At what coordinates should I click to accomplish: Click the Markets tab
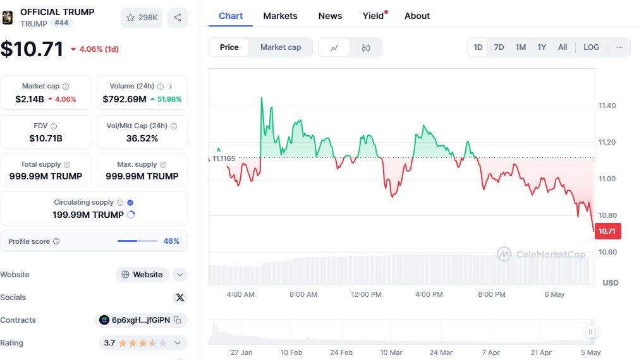280,16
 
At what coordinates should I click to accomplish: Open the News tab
330,16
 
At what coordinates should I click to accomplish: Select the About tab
417,16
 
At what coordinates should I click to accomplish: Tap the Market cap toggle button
281,47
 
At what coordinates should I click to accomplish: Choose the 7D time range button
499,47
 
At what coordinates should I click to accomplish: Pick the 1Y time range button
542,47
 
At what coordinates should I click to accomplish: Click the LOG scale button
591,47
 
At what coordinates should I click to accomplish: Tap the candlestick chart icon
366,47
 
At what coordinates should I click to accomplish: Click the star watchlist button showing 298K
142,18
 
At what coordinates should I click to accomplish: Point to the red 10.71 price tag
607,231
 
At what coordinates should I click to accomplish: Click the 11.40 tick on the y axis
607,105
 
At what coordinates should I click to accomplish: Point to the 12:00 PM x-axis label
367,294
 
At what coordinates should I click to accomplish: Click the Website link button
143,275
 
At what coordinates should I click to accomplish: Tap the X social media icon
180,297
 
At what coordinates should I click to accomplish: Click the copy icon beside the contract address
178,320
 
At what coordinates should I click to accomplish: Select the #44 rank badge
63,23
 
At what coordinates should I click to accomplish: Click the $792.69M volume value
125,99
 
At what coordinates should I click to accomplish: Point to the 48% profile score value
171,241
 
